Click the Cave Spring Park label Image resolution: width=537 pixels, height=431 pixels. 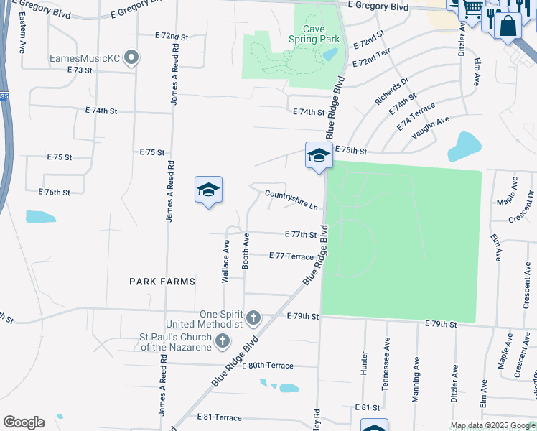(314, 34)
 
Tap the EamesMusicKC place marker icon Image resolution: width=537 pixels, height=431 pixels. (131, 57)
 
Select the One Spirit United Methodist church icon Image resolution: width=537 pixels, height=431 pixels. (253, 318)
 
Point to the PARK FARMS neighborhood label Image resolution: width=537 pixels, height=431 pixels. (162, 282)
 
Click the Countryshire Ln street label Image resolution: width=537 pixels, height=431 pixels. (291, 200)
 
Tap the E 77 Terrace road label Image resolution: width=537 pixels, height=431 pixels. (291, 256)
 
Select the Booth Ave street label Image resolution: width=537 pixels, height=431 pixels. (246, 251)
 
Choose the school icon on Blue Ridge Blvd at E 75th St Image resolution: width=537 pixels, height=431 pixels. (318, 155)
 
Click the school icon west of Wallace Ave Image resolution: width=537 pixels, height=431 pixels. (208, 189)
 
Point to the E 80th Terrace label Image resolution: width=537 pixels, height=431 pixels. (268, 366)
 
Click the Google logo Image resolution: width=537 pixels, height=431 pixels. (24, 422)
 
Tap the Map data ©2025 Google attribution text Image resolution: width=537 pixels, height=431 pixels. (492, 426)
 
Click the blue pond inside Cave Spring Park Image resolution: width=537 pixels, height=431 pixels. (330, 54)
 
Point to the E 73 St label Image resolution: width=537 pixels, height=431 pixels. (80, 70)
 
